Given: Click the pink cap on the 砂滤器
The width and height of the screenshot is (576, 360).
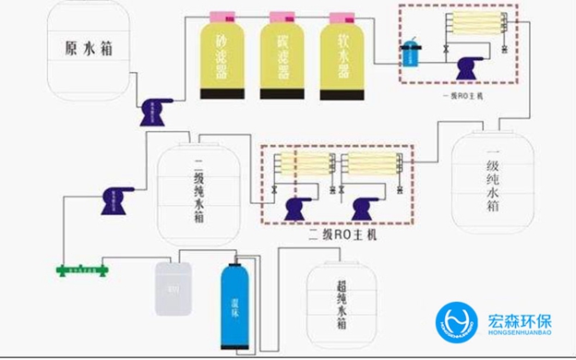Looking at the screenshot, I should coord(224,18).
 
